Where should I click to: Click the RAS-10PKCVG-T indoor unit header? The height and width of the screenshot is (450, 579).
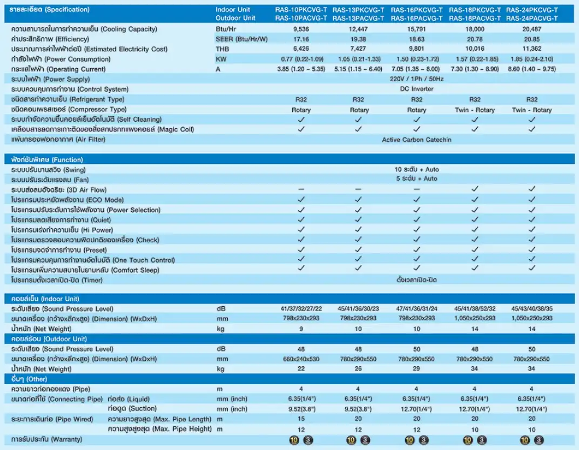[301, 10]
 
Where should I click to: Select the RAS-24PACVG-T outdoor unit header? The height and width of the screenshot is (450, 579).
[531, 18]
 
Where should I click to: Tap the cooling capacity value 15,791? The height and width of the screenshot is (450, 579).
[416, 29]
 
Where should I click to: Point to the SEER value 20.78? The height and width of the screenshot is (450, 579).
[474, 39]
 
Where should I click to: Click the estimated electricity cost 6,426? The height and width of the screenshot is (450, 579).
[301, 49]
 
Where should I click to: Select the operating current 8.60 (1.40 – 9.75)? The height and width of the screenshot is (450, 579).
[531, 69]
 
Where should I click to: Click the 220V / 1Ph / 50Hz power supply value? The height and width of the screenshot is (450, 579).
[416, 79]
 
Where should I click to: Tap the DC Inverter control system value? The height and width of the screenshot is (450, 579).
[416, 89]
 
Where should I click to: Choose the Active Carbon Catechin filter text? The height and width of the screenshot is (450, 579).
[416, 140]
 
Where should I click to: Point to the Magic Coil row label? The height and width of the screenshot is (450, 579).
[102, 129]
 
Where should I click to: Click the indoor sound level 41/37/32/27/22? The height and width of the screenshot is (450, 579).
[301, 308]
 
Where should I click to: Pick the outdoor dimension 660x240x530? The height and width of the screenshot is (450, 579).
[301, 359]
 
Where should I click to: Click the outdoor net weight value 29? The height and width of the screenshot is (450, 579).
[416, 369]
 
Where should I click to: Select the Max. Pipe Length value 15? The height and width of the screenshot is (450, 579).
[301, 419]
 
